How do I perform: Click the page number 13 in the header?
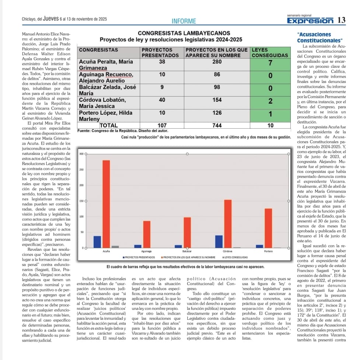[x=341, y=20]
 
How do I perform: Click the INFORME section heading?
[x=184, y=21]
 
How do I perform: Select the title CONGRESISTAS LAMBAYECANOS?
[x=184, y=33]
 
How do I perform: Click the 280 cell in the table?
[x=217, y=62]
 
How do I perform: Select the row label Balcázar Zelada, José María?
[x=108, y=90]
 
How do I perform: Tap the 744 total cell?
[x=217, y=125]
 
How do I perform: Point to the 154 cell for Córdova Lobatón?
[x=217, y=100]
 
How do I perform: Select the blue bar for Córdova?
[x=219, y=241]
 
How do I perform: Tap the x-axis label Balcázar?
[x=188, y=251]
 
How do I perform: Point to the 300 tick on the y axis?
[x=81, y=153]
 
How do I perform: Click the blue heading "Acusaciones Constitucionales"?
[x=319, y=37]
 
